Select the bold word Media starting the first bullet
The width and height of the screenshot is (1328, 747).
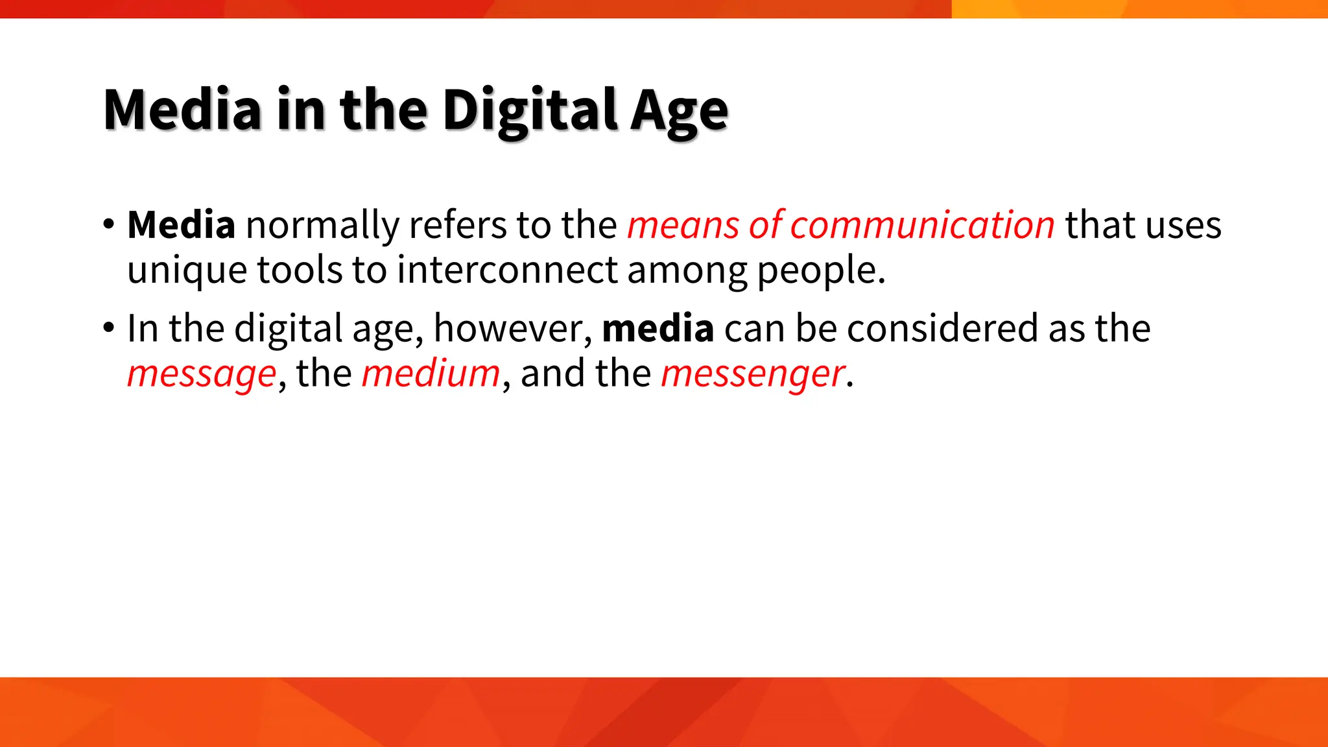pos(181,225)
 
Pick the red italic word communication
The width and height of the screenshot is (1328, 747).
pos(922,225)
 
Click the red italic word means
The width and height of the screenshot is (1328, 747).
pos(683,226)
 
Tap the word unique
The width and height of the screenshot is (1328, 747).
pos(187,270)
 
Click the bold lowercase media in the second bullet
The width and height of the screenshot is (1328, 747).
pos(658,328)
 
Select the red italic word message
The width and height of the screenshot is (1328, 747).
pos(202,374)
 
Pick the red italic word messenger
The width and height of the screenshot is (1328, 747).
pos(753,374)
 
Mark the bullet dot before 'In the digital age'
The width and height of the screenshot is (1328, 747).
pos(108,327)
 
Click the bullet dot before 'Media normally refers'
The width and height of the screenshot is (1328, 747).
pos(108,224)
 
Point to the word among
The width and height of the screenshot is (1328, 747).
pos(687,270)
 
